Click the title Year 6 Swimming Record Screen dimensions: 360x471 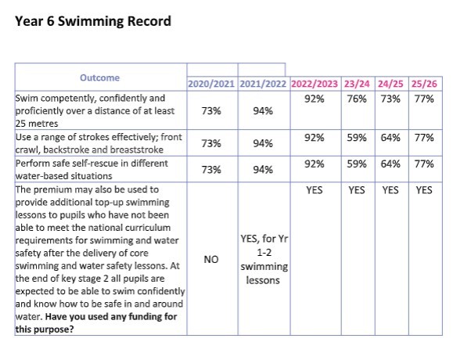(x=93, y=21)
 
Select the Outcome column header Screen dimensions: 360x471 (x=99, y=77)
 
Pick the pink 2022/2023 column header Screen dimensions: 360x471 (x=314, y=84)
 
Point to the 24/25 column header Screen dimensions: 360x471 (x=390, y=84)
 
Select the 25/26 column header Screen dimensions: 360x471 (x=425, y=84)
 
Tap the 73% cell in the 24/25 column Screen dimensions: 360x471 (x=390, y=99)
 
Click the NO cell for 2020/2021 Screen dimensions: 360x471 (x=210, y=258)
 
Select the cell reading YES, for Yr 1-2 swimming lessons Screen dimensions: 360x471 (x=261, y=259)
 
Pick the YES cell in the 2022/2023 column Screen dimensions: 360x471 (x=314, y=189)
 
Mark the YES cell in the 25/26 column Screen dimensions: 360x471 (x=425, y=189)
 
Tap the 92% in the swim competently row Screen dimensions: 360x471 (x=314, y=99)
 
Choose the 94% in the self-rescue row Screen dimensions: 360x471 (x=261, y=170)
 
